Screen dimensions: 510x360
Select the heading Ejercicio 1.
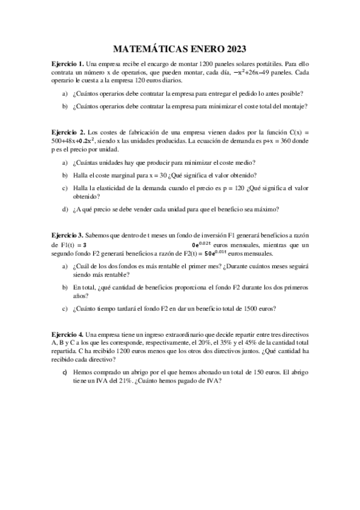[67, 63]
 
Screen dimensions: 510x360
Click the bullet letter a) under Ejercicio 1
[66, 93]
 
